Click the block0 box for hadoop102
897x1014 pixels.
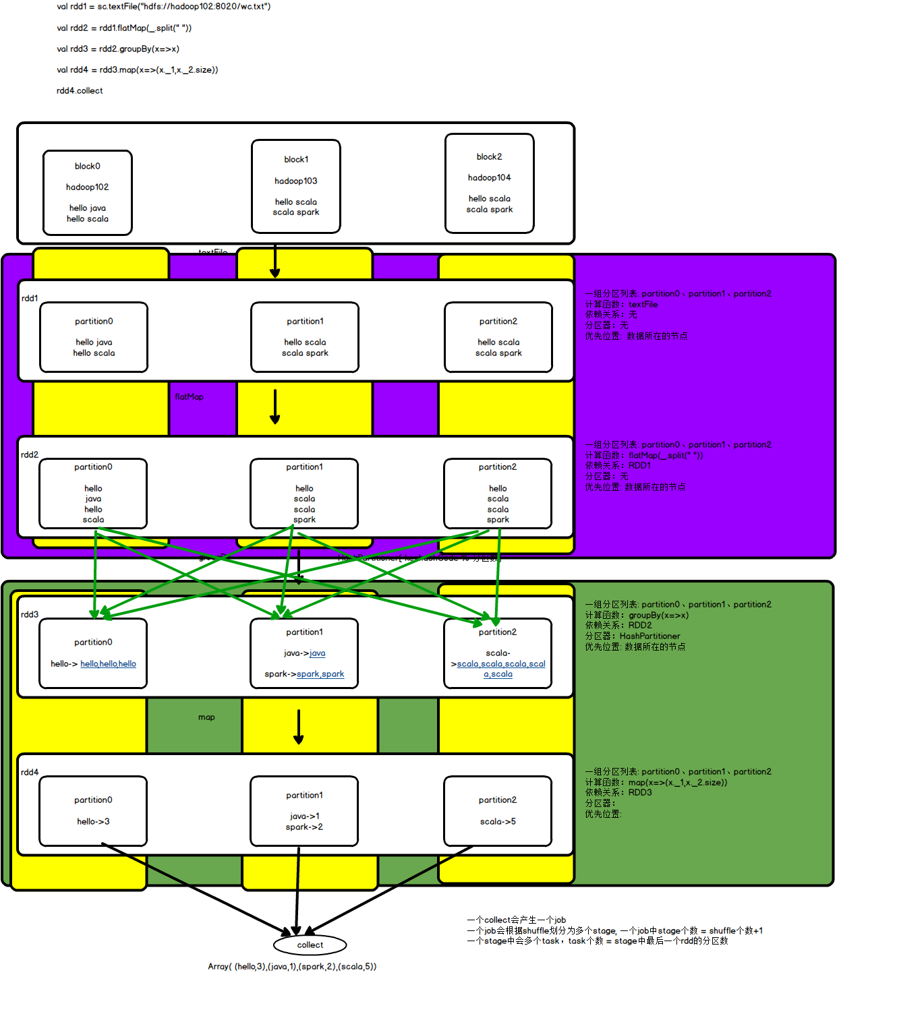pos(88,193)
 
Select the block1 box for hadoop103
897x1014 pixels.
pos(296,186)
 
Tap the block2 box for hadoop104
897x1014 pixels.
pos(490,183)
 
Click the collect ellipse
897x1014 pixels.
pos(310,945)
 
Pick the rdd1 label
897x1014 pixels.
pos(30,298)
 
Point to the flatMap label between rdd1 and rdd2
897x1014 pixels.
pos(189,396)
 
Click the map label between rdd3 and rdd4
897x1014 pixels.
pos(206,717)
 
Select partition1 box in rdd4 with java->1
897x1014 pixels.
pos(304,811)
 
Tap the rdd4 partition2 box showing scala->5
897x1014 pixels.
pos(498,811)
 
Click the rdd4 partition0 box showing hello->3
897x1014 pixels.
pos(93,811)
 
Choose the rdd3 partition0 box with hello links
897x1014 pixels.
pos(93,653)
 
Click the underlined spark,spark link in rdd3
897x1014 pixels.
pos(320,674)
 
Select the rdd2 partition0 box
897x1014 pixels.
pos(93,494)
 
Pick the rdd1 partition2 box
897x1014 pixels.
pos(498,337)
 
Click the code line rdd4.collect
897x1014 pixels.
pos(80,90)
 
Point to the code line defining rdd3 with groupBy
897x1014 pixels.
pos(118,49)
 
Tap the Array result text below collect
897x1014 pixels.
pos(292,966)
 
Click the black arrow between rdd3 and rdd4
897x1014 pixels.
pos(299,727)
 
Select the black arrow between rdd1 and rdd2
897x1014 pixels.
pos(275,407)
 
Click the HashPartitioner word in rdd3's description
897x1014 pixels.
pos(649,636)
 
